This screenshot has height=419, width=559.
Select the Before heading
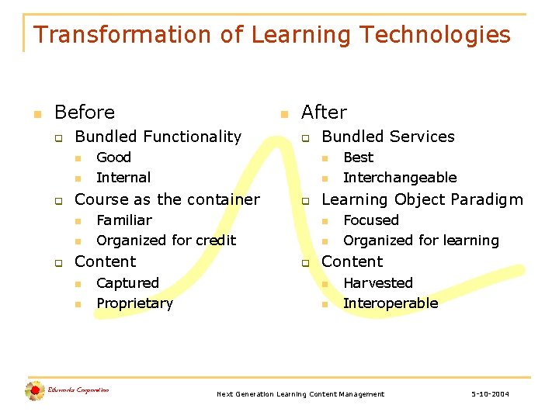pos(85,113)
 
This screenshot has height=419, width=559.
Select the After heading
pos(324,113)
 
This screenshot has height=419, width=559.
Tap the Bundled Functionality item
pos(158,137)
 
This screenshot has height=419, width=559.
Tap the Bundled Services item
pos(387,137)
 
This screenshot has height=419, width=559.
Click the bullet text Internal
pos(123,178)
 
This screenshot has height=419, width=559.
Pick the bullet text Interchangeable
pos(400,178)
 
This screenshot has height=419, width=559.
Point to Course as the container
pos(167,199)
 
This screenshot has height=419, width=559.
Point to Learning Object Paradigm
pos(422,199)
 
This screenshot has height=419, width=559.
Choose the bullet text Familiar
pos(124,220)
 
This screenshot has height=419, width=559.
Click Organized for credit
pos(166,241)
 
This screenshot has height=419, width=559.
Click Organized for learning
pos(421,241)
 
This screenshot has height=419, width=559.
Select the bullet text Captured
pos(127,283)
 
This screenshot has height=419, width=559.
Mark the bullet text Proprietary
pos(134,303)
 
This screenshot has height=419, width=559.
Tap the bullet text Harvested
pos(378,283)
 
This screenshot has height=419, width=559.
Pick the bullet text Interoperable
pos(391,303)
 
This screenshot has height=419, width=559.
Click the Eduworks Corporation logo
pos(66,391)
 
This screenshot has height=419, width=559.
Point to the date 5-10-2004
pos(490,394)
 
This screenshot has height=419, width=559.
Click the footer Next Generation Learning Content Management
pos(300,394)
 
